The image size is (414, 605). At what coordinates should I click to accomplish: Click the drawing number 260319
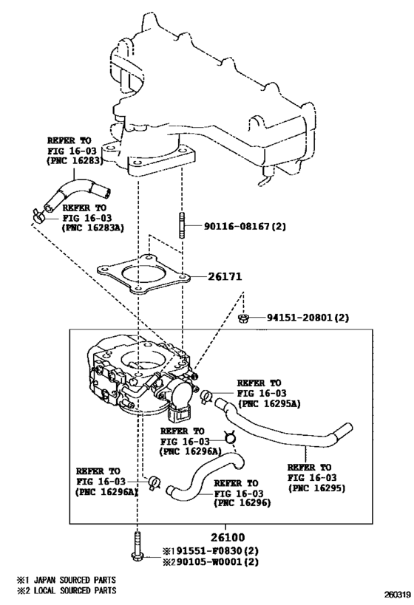coord(396,594)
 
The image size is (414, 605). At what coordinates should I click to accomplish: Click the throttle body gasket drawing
coord(149,277)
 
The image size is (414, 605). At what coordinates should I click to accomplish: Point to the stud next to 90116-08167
coord(181,226)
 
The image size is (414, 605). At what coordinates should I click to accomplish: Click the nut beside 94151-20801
coord(243,318)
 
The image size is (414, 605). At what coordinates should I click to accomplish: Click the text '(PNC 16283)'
coord(78,159)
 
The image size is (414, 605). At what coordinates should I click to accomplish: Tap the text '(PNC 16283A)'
coord(92,228)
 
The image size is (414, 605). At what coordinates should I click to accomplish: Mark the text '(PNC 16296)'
coord(242,503)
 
